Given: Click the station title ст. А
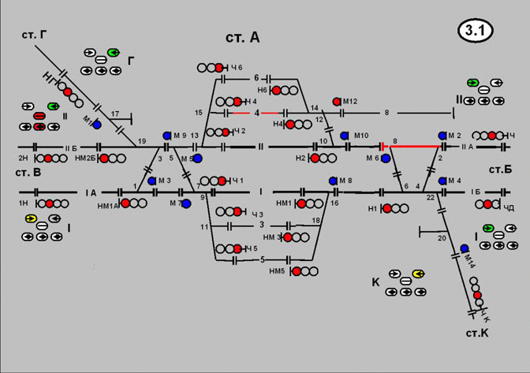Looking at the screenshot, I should pos(242,37).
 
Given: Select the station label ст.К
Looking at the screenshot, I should pos(476,334).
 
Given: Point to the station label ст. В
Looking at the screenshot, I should pos(27,172).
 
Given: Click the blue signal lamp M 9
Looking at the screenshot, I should pos(167,136).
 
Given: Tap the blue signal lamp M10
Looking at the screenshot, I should pos(344,136).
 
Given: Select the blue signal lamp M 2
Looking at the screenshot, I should pos(443,136).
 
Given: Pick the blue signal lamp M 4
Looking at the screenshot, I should pos(443,181).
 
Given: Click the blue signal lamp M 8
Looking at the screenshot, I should pos(333,181).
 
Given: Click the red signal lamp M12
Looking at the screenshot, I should pos(337,102).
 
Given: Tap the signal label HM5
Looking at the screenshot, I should pos(276,272).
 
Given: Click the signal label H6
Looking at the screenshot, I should pos(262,90).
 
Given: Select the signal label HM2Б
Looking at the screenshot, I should pos(84,158).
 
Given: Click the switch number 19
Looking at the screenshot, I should pos(142,141).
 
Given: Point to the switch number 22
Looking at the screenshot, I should pos(431,197).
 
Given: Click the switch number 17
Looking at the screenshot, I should pos(115,114).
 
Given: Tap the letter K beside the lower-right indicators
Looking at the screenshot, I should pos(375,282).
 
